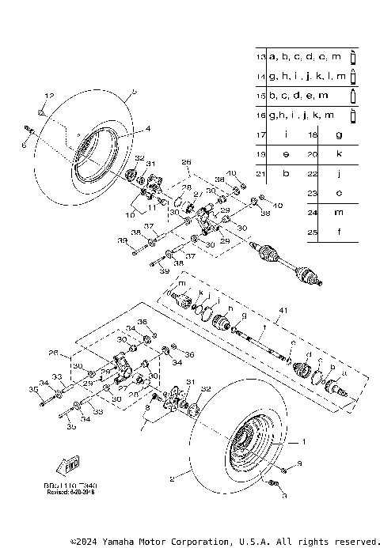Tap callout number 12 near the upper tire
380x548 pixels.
tap(49, 95)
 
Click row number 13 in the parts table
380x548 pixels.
tap(260, 57)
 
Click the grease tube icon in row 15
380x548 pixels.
tap(353, 96)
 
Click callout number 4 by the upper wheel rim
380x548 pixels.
tap(146, 128)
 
